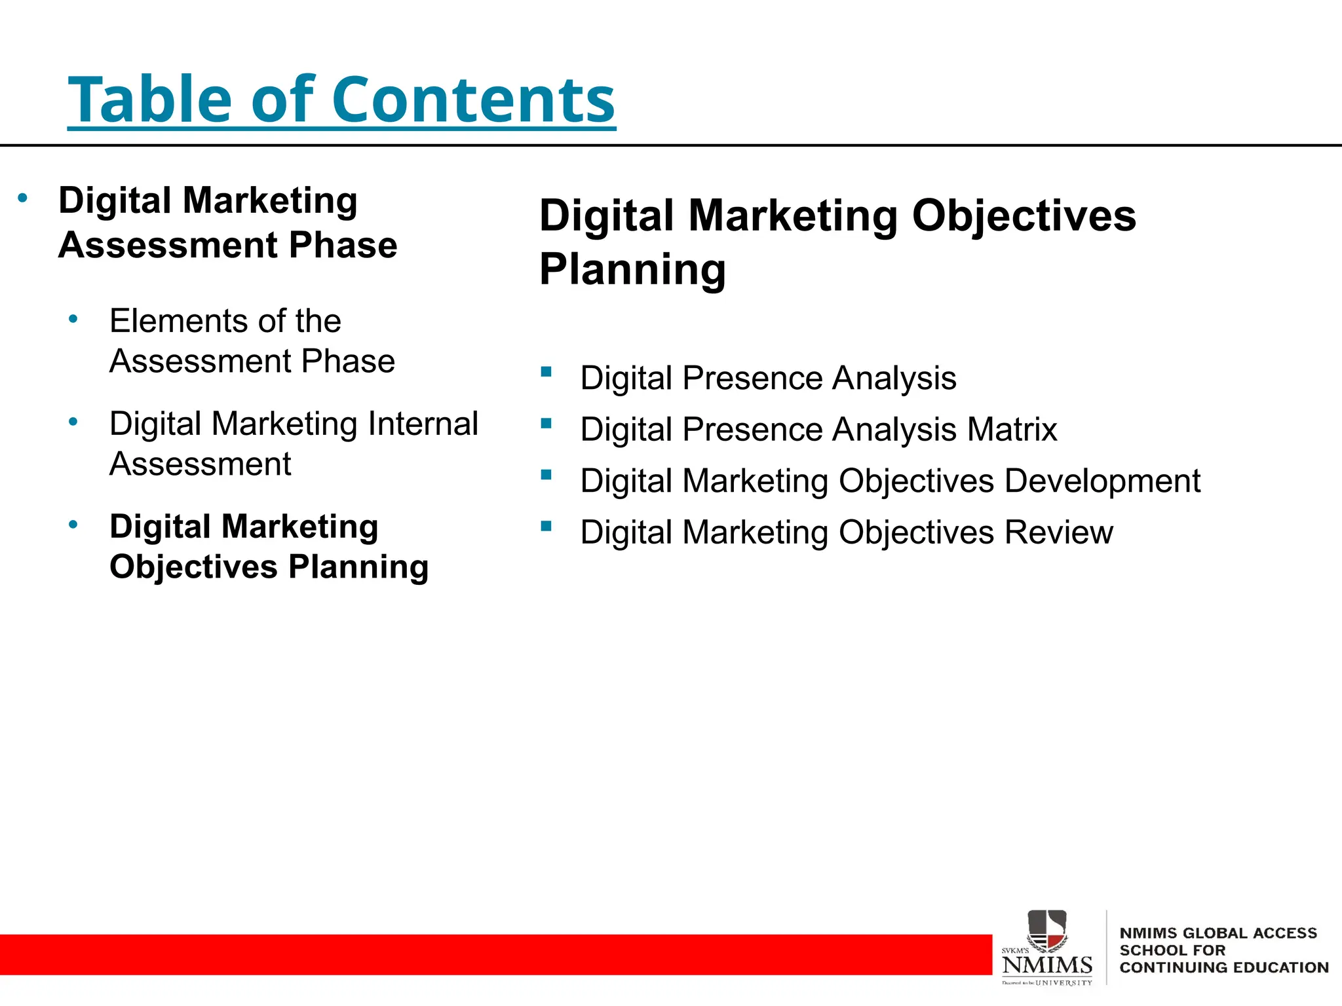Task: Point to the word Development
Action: point(1102,481)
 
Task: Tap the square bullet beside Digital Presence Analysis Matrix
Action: point(546,423)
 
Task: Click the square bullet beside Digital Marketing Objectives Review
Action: point(546,525)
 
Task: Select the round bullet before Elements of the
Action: point(73,320)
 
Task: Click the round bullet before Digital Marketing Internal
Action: point(73,422)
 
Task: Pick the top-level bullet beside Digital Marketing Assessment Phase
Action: point(23,198)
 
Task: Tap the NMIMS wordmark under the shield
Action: point(1047,965)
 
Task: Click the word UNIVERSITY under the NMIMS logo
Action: point(1064,982)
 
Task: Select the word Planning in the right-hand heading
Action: point(632,269)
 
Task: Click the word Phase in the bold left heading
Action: point(343,245)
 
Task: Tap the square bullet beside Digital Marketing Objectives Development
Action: point(546,474)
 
